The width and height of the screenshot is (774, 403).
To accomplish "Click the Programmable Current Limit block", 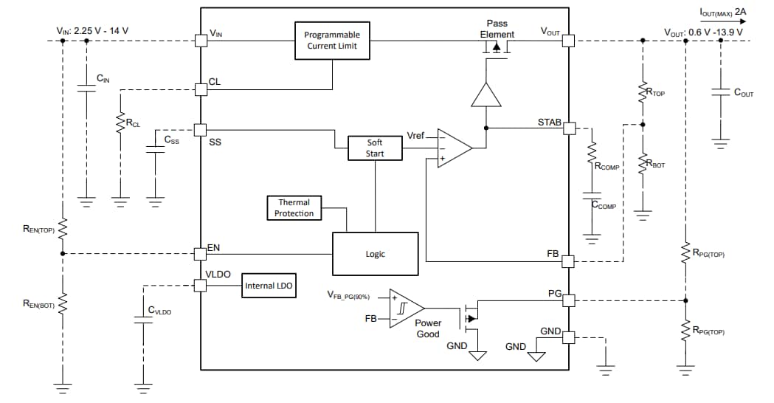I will (332, 41).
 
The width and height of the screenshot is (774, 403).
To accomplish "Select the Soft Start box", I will (375, 148).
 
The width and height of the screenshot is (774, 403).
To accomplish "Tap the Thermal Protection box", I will (294, 207).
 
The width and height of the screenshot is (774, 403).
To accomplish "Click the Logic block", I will (375, 253).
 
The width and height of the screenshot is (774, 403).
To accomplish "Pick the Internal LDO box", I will (270, 286).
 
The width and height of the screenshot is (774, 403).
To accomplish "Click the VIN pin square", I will (200, 41).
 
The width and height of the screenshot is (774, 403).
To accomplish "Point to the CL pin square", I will (200, 89).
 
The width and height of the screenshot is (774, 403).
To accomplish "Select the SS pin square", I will (200, 130).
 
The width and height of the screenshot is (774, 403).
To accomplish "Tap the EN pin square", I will (200, 253).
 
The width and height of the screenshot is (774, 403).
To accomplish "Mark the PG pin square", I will (568, 300).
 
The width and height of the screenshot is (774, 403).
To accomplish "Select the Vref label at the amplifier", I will (415, 137).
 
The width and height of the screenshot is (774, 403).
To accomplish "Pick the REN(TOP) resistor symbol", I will (63, 229).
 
